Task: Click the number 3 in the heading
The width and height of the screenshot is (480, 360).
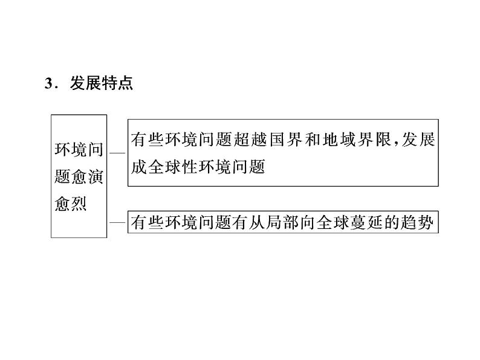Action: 48,85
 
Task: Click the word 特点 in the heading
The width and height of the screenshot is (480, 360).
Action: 118,84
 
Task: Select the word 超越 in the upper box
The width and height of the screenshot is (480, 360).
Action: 249,140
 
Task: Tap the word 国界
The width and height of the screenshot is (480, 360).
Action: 283,140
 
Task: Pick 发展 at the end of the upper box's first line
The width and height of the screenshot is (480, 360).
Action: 418,140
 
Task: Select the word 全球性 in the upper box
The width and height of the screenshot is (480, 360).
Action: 174,167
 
